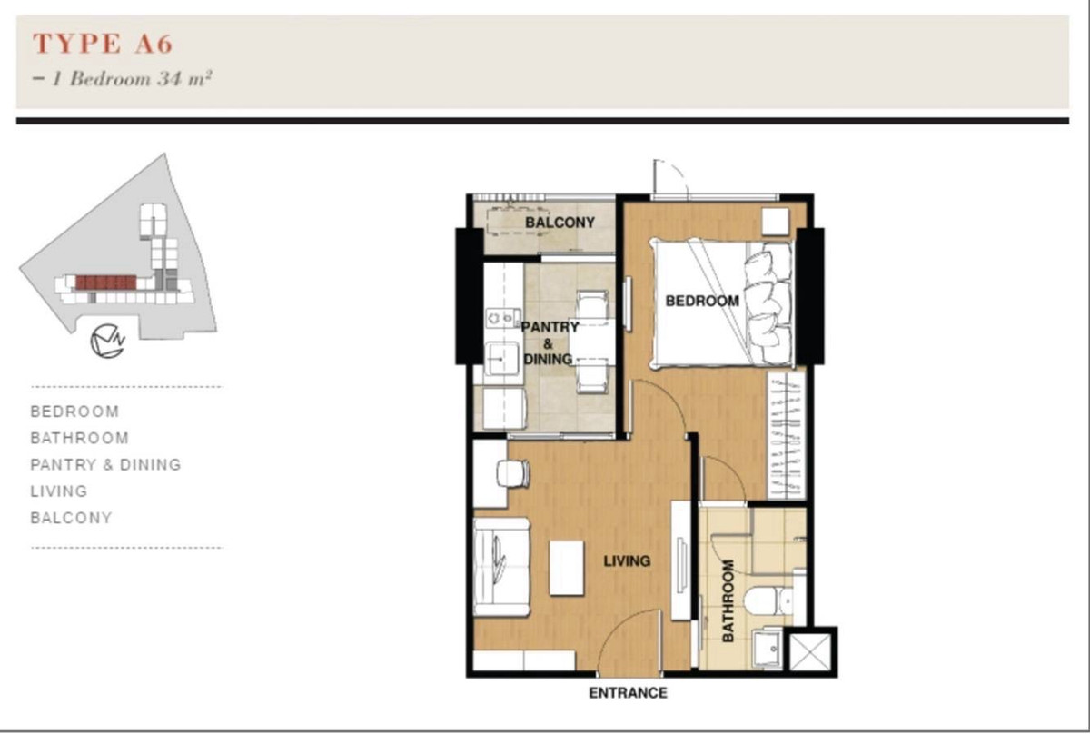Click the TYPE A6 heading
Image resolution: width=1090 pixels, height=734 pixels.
pos(103,44)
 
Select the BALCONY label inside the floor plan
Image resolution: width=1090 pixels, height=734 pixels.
pos(560,223)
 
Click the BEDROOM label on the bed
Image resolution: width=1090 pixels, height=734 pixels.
pos(702,302)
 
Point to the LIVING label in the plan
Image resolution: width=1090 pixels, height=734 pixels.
pos(627,561)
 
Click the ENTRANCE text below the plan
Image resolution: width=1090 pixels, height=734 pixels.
pos(628,693)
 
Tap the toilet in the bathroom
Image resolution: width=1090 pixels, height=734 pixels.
pos(768,600)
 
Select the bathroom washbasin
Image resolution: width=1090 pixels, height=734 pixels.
pos(768,649)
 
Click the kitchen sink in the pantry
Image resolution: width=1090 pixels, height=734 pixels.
pos(502,359)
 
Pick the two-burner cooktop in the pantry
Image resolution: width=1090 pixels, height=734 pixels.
pos(500,318)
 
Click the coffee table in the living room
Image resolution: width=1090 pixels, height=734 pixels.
pos(567,568)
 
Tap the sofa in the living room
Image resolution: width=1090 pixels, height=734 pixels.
pos(501,568)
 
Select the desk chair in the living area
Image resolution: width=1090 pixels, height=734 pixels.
pos(513,473)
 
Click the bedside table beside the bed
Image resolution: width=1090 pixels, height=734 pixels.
pos(775,222)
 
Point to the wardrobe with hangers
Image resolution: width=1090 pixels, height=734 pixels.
pos(786,435)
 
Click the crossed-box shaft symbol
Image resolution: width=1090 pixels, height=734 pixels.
pos(810,651)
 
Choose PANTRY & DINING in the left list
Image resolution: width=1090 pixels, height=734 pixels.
pos(105,465)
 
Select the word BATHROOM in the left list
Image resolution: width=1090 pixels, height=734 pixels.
pos(80,438)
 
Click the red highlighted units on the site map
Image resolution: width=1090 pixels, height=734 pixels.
pos(106,283)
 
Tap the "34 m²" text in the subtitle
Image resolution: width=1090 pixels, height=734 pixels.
pos(184,78)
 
